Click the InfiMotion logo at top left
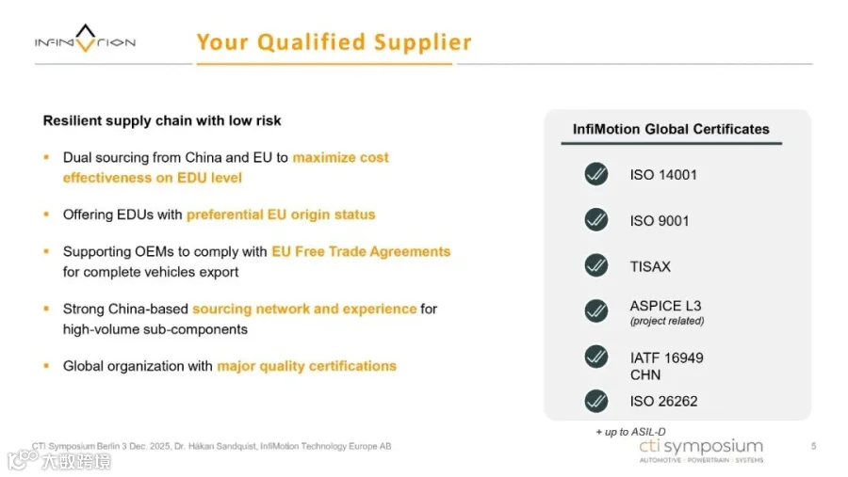[86, 39]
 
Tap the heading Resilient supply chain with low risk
[162, 120]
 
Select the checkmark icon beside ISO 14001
[596, 174]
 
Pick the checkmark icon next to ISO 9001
[596, 220]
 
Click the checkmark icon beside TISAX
[596, 265]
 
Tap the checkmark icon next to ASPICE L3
[596, 310]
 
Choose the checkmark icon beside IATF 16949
[596, 357]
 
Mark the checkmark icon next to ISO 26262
[596, 401]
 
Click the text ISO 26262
[663, 402]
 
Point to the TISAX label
[650, 266]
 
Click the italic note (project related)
[667, 321]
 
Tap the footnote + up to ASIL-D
[630, 432]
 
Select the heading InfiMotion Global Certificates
[671, 129]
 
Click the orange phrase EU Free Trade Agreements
[361, 252]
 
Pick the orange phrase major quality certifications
[306, 366]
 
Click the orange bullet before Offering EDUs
[46, 215]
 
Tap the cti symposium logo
[701, 451]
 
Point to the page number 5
[813, 446]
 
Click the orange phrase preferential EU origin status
[281, 215]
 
